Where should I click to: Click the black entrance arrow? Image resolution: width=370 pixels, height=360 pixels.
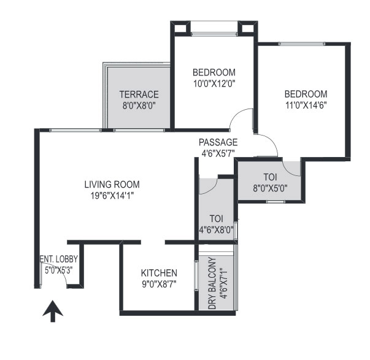point(53,311)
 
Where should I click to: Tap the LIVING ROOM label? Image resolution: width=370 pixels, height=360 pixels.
point(112,184)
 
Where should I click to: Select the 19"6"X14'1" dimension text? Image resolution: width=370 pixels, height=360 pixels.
point(112,196)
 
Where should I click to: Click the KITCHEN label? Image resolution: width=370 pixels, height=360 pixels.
point(159,273)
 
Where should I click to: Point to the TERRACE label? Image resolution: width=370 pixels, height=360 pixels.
point(139,94)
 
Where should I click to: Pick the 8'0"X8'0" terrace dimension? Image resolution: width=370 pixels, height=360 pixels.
point(139,105)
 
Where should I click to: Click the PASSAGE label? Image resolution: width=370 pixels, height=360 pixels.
point(218,142)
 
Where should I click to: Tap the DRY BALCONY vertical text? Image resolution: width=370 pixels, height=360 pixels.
point(212,283)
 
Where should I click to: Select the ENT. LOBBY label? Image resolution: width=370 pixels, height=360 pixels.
point(58,259)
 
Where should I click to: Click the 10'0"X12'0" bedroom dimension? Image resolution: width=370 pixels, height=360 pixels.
point(215,83)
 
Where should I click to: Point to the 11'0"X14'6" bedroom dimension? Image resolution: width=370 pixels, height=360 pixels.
point(306,105)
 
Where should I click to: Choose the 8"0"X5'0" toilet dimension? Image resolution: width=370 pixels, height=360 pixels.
point(270,188)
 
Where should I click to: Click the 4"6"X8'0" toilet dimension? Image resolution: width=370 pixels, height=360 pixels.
point(217,229)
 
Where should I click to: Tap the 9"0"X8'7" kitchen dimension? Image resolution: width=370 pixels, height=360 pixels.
point(159,285)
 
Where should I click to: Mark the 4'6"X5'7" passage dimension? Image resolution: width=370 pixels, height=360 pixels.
point(218,153)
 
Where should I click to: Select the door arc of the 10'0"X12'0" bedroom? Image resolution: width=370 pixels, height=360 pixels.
point(236,113)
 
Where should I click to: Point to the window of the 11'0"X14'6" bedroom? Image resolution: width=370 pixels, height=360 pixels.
point(302,44)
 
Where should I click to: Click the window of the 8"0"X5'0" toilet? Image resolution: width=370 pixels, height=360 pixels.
point(276,202)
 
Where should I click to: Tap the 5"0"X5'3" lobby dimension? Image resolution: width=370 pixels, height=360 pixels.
point(59,270)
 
